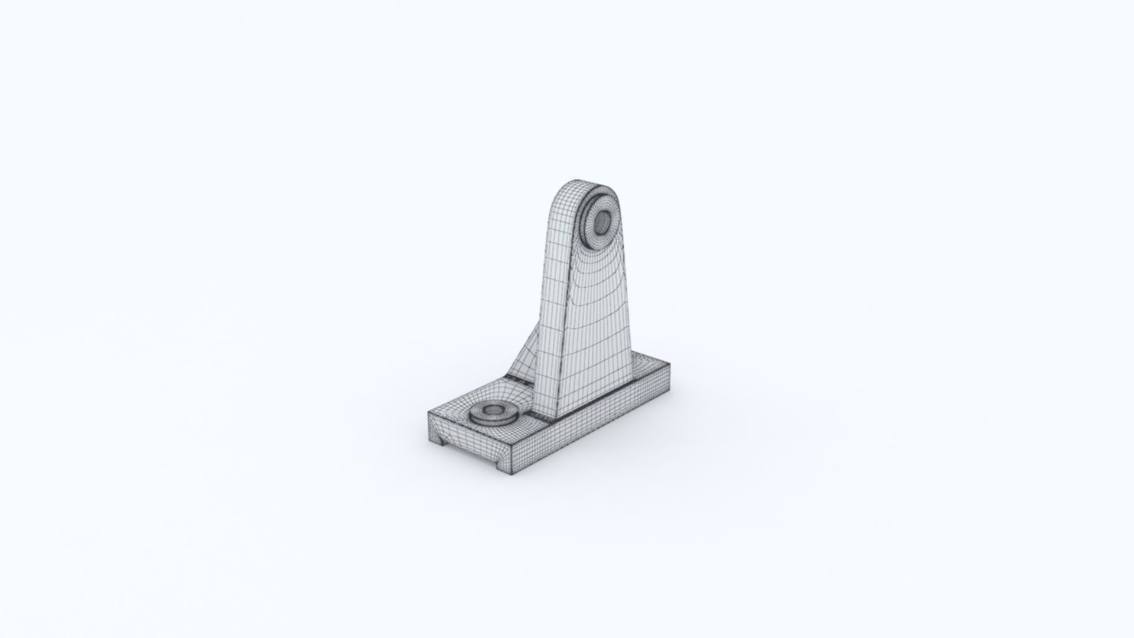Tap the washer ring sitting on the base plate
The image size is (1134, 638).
480,417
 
